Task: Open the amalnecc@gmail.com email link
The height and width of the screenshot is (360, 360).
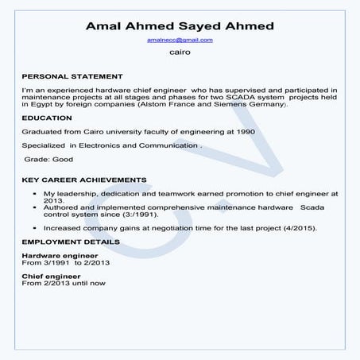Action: coord(180,39)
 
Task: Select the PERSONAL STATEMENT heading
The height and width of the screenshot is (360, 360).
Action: coord(72,77)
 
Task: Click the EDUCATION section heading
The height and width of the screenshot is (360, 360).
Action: coord(48,118)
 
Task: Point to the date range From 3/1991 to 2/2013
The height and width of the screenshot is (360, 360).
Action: coord(63,261)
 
